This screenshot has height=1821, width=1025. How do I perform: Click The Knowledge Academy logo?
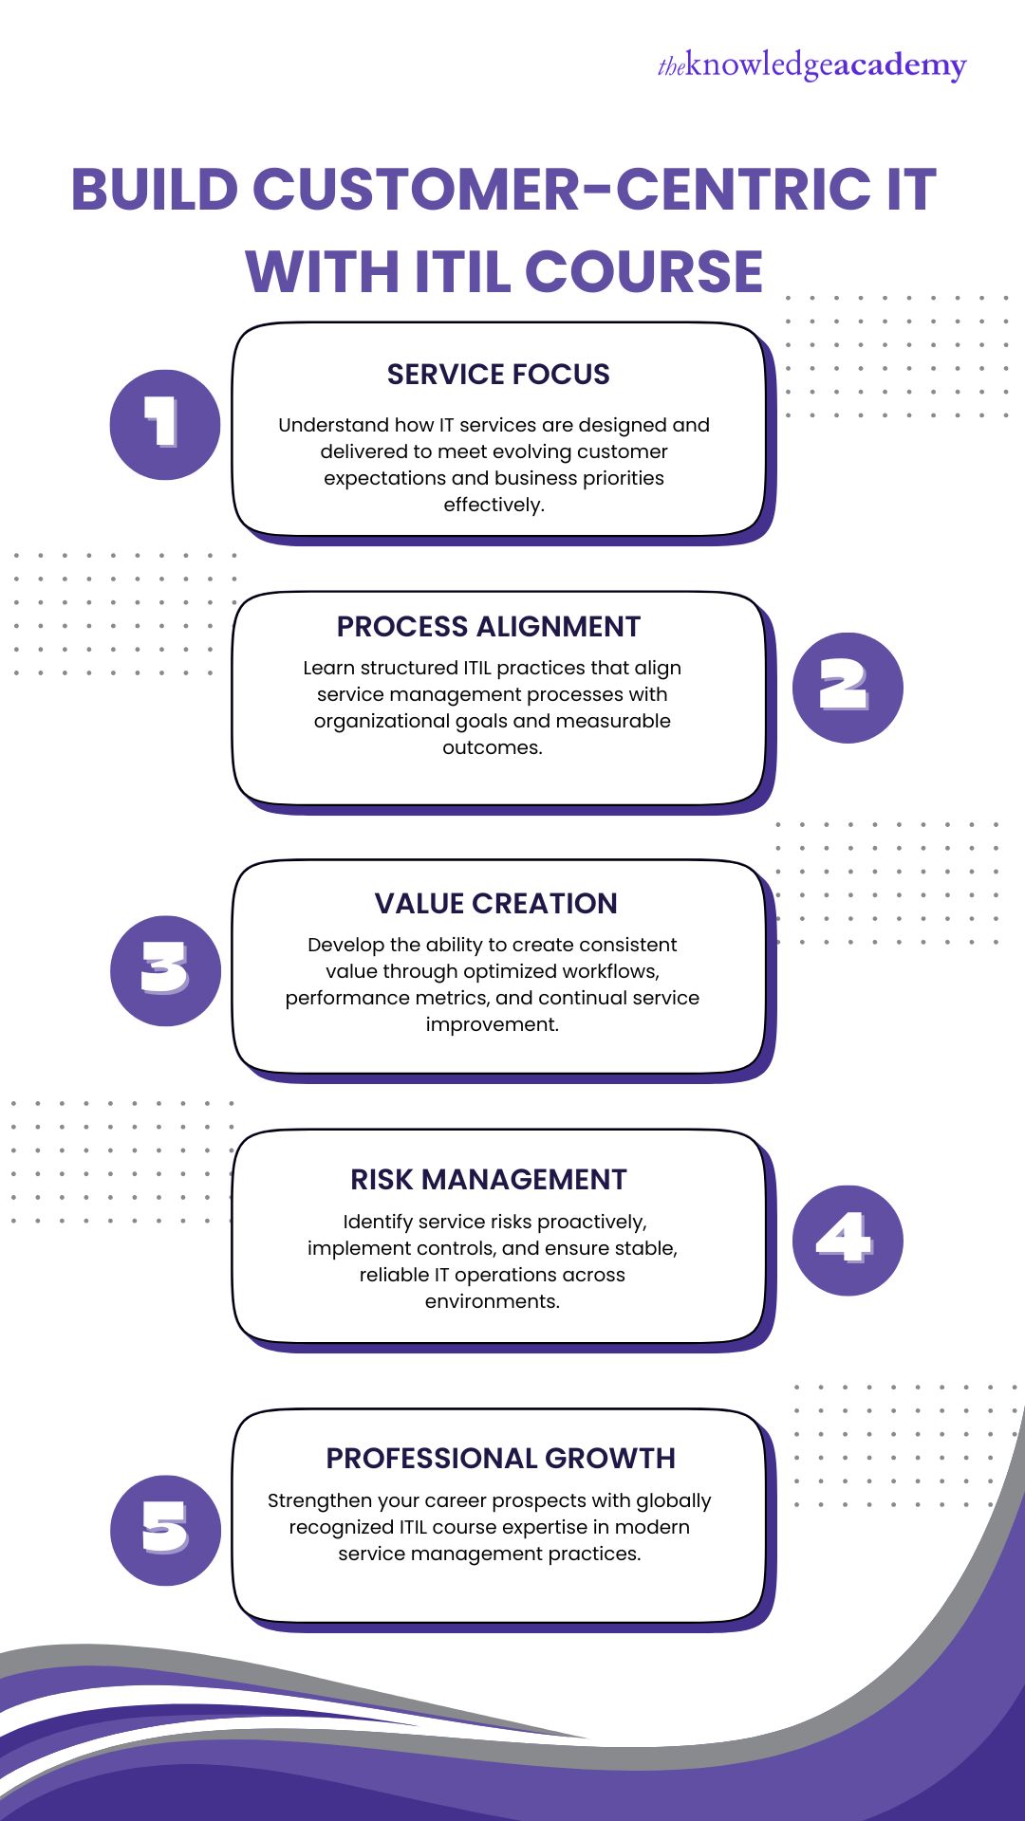point(811,65)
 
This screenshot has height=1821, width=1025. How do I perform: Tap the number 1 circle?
point(165,424)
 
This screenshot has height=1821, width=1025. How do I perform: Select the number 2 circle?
point(847,688)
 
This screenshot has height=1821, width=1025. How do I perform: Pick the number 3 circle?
point(165,970)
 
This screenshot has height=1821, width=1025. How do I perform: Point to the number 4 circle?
point(847,1240)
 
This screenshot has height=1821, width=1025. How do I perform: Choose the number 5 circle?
point(165,1530)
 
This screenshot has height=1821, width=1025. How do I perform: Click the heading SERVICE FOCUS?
point(498,375)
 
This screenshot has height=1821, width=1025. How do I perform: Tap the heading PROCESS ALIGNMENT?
point(489,627)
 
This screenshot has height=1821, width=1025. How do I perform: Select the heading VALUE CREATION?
point(495,904)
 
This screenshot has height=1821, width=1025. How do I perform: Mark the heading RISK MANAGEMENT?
point(489,1180)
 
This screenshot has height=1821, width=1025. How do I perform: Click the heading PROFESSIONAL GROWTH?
point(500,1459)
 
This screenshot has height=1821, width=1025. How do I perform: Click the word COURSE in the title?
point(643,272)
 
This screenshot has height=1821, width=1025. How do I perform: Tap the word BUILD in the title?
point(155,190)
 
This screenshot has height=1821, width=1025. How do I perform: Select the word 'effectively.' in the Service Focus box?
point(494,505)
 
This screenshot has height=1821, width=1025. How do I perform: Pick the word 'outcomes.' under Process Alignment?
point(492,747)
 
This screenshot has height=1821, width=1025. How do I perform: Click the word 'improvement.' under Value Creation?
point(492,1024)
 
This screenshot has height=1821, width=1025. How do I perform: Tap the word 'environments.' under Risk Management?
point(492,1301)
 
